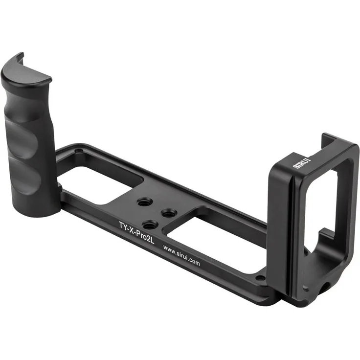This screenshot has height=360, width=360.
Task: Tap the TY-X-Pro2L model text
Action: click(136, 232)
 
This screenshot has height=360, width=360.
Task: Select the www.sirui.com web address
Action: click(181, 255)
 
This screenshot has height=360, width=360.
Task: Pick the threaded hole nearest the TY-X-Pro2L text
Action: click(150, 225)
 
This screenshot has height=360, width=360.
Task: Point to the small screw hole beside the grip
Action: click(79, 151)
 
